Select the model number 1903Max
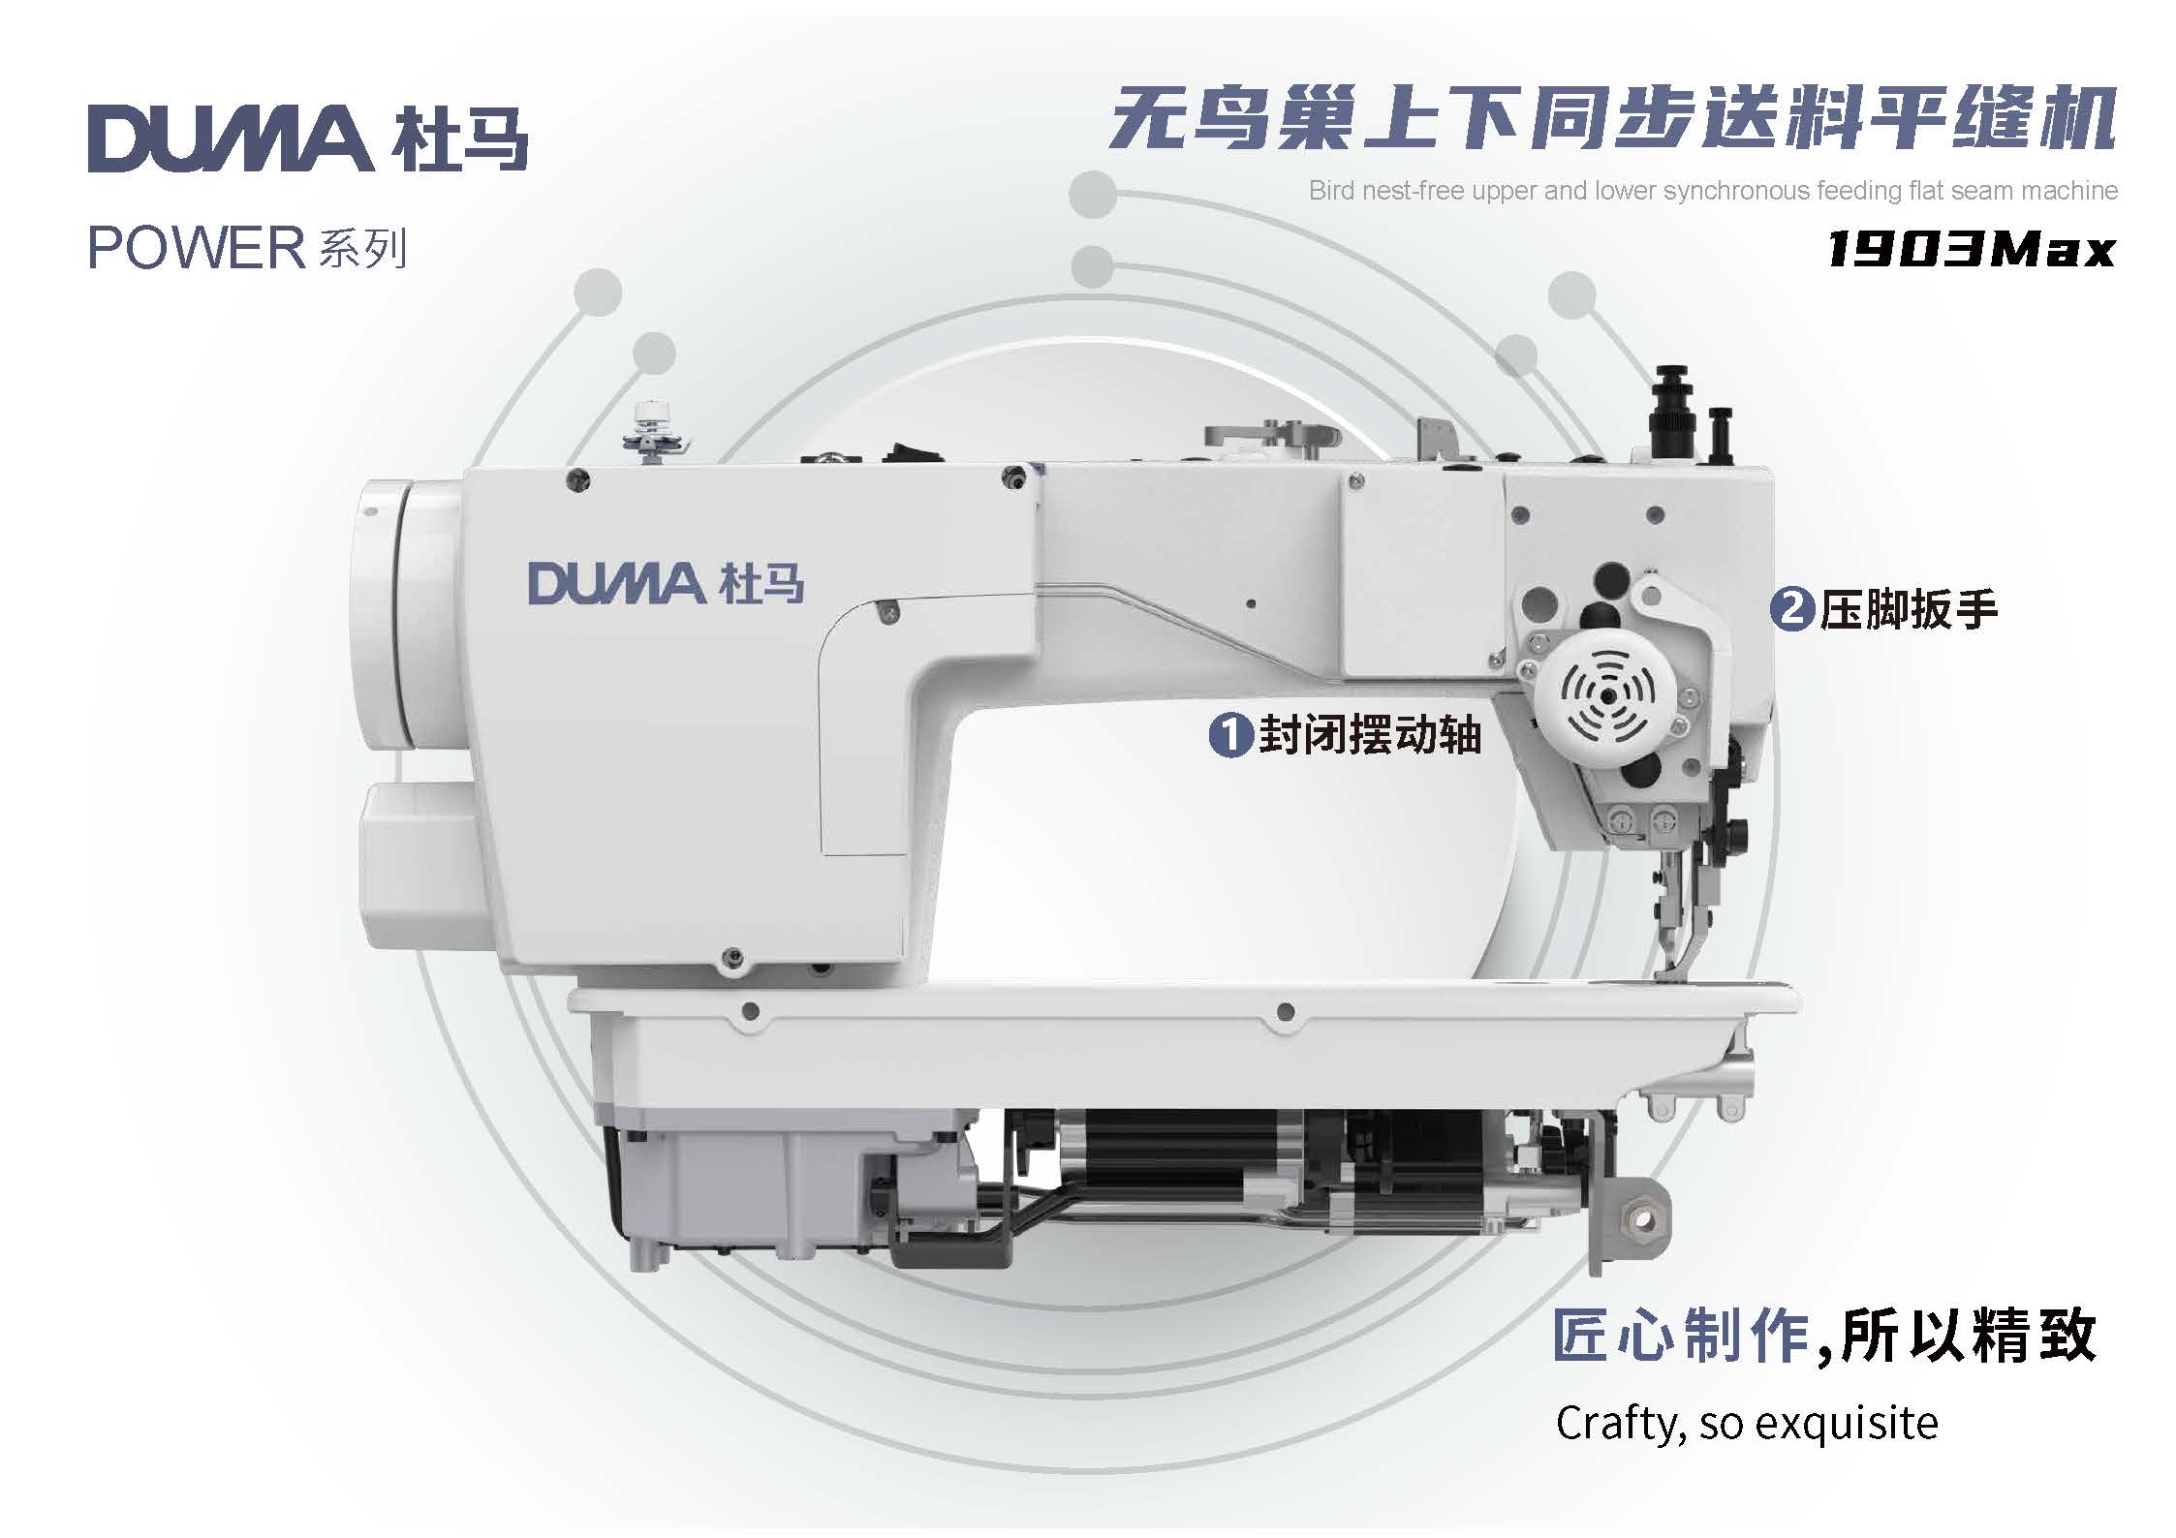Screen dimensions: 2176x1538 [1971, 249]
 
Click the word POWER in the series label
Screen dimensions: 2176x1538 [197, 248]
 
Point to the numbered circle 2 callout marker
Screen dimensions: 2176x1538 [1792, 608]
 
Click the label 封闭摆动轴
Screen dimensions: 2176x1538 [1370, 734]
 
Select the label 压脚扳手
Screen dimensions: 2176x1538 [1909, 609]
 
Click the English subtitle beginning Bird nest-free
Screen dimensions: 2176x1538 [1713, 191]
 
